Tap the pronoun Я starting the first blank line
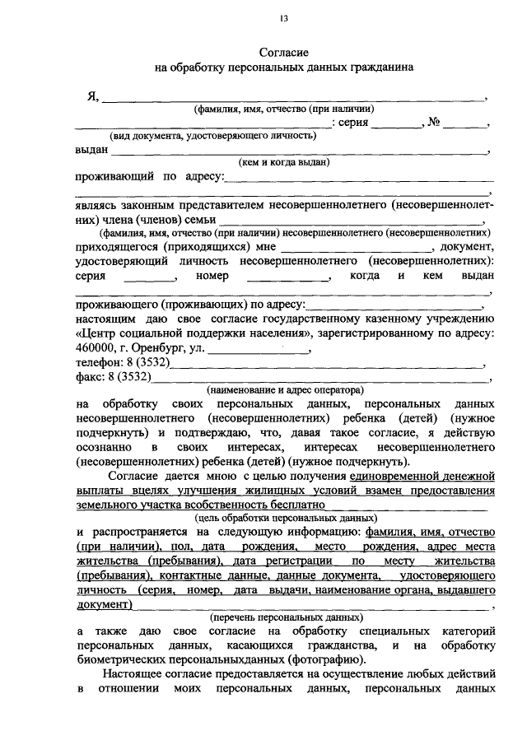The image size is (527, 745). [92, 96]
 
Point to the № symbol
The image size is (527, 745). [434, 123]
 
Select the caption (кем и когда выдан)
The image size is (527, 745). [284, 162]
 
